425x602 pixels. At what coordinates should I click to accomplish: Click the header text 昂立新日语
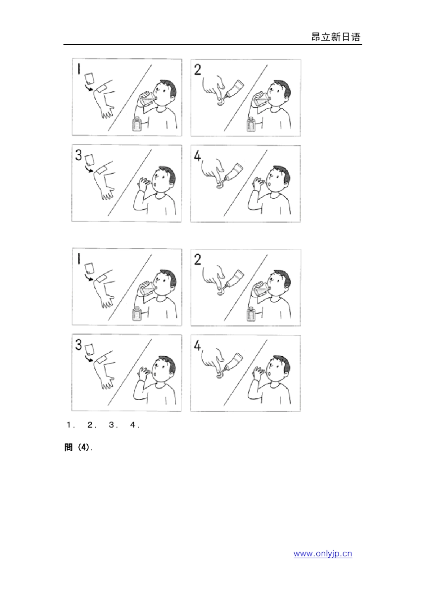[336, 37]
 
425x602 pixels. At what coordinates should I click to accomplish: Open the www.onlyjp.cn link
[323, 554]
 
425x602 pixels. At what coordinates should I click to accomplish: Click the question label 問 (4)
[78, 448]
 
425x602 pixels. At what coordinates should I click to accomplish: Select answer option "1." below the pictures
[70, 425]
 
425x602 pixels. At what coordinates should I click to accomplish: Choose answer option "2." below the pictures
[92, 425]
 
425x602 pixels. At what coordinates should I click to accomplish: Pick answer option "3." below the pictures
[113, 425]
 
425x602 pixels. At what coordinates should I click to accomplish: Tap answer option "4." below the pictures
[135, 425]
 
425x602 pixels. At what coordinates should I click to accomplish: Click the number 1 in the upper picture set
[79, 69]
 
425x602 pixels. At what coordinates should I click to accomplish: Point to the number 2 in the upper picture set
[197, 70]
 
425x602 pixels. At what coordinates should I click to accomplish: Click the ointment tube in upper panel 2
[235, 88]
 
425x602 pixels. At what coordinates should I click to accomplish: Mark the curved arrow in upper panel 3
[89, 170]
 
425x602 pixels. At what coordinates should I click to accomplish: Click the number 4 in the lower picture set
[197, 346]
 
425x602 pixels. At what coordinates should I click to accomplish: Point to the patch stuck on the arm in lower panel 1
[101, 278]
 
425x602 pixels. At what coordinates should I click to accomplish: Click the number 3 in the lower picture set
[78, 345]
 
